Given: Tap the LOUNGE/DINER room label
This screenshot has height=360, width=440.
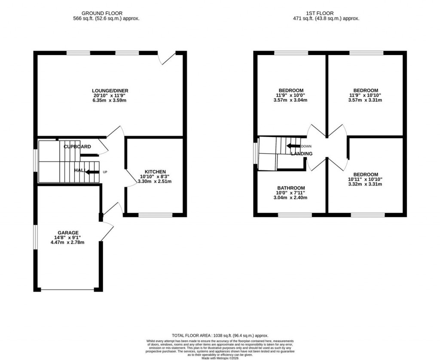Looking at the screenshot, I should point(110,91).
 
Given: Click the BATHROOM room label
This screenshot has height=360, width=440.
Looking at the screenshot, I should point(291,188).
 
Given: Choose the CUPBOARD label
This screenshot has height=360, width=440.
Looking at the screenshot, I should point(77,146).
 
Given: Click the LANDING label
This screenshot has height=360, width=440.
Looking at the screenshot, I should point(302,153).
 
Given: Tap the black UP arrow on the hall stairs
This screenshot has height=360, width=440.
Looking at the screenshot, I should point(91,172).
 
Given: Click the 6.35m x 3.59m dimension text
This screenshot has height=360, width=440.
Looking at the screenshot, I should point(110,101).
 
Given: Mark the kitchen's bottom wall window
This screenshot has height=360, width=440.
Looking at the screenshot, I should point(155,214).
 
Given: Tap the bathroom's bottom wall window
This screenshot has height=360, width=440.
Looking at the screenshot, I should point(295,214).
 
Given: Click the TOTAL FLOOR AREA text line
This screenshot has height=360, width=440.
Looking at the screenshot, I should point(220,336).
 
